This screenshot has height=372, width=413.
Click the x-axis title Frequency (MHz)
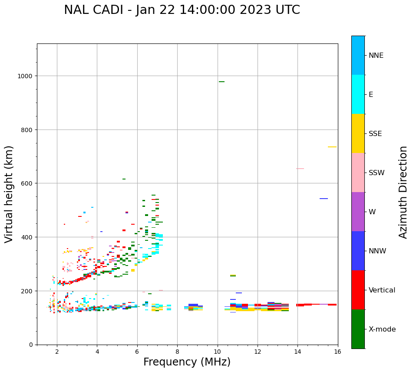coord(187,362)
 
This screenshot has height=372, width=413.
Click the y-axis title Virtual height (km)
coord(9,194)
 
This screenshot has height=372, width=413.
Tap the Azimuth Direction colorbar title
coord(403,192)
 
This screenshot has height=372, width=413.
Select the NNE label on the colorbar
coord(376,55)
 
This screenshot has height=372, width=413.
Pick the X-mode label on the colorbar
coord(382,329)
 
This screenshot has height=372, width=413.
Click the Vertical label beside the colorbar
coord(382,290)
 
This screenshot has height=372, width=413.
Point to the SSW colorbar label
coord(377,173)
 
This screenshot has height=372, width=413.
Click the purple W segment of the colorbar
coord(358,212)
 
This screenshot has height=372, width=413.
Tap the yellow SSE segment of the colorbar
coord(358,133)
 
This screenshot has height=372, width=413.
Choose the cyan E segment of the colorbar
coord(358,94)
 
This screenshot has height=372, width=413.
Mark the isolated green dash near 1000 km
coord(221,82)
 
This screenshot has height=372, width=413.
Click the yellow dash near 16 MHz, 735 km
coord(332,147)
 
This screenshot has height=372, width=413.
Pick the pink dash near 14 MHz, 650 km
coord(300,169)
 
